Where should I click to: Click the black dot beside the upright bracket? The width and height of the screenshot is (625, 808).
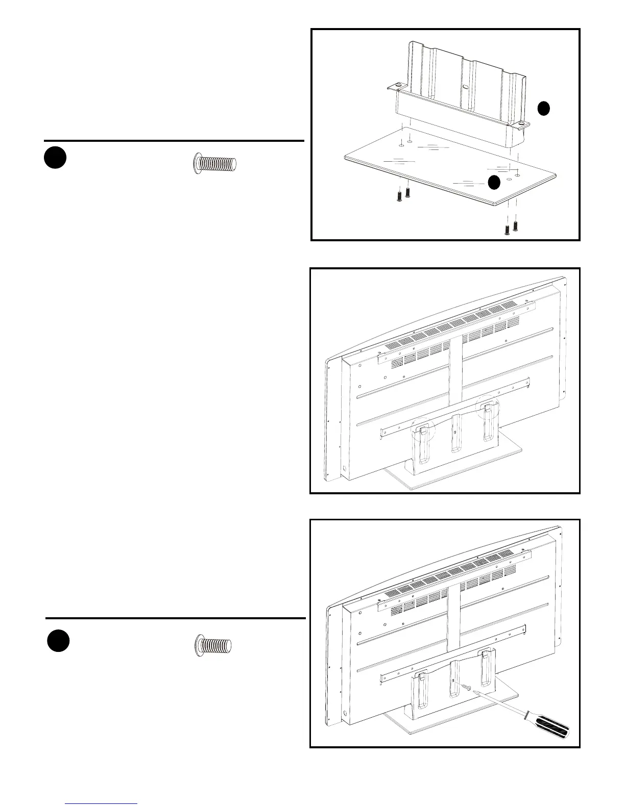click(544, 108)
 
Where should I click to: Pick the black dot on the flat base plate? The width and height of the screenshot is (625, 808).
click(493, 183)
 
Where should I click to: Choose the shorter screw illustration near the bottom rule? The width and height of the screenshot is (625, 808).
click(214, 645)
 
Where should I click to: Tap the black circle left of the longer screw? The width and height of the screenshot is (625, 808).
click(55, 158)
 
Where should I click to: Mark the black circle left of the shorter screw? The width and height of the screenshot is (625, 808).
click(59, 641)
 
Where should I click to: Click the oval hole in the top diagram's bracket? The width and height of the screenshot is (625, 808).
click(465, 87)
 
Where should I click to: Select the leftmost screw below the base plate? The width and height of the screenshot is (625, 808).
click(399, 195)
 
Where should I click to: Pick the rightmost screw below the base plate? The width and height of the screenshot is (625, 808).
click(516, 225)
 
